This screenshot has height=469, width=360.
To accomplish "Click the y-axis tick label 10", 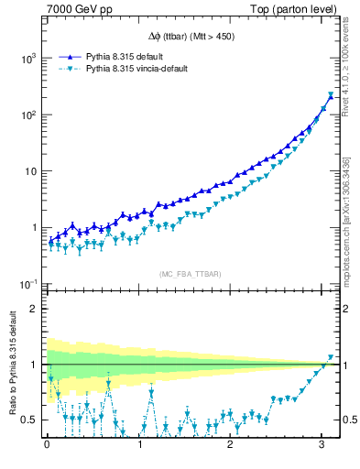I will [x=31, y=171].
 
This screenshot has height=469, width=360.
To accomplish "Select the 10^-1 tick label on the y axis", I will [x=28, y=284].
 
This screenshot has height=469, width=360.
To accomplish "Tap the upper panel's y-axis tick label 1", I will [x=35, y=228].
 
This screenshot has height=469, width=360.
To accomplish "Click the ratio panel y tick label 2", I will [x=34, y=309].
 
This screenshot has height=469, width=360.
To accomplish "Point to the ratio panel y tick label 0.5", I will [x=28, y=420].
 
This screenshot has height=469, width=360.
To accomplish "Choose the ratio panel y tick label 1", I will [x=34, y=365].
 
